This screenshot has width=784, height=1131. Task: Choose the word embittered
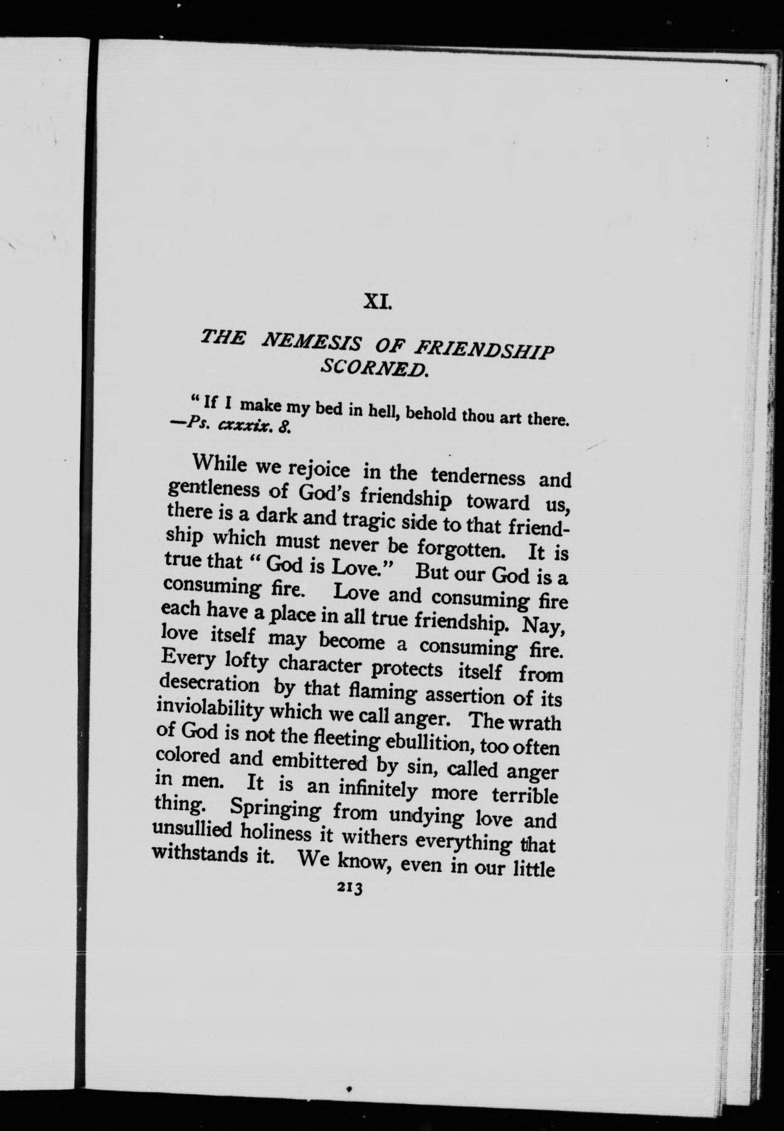[x=319, y=762]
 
